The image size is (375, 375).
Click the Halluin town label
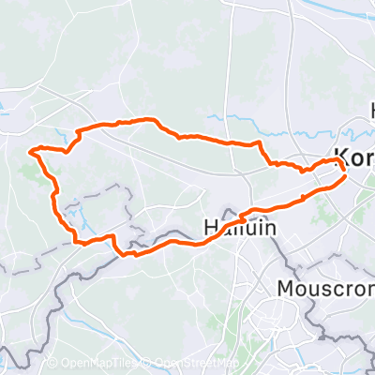point(231,226)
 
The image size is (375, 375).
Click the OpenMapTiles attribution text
point(90,364)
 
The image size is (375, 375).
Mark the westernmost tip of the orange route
point(31,150)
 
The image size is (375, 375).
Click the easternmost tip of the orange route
point(347,174)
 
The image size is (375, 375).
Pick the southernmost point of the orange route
point(132,254)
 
